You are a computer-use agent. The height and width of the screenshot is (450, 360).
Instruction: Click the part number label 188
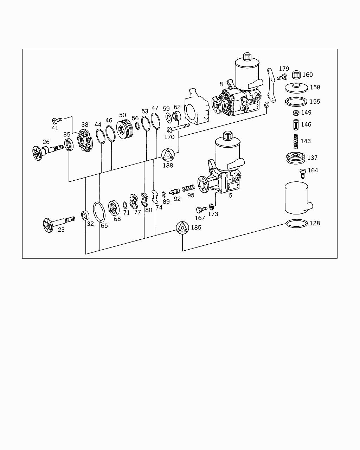pos(168,165)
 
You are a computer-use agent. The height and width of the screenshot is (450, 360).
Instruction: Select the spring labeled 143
pos(296,141)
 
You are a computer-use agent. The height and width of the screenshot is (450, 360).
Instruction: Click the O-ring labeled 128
pos(296,224)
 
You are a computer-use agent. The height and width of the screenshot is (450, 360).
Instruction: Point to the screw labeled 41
pos(57,120)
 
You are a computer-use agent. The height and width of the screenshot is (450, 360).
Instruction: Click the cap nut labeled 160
pos(296,75)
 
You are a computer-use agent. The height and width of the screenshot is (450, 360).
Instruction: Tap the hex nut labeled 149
pos(296,113)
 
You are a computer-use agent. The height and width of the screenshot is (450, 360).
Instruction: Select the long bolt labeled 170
pos(179,128)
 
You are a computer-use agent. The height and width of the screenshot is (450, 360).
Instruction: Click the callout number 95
pos(191,195)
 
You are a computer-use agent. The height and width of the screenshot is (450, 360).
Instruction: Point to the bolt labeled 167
pos(201,210)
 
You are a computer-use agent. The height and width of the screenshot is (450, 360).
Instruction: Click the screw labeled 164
pos(302,174)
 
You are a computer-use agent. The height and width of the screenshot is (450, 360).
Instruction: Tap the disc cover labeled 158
pos(296,88)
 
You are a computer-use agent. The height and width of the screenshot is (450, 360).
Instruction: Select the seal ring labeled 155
pos(296,102)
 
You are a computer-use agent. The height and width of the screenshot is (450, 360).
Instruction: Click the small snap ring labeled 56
pos(137,126)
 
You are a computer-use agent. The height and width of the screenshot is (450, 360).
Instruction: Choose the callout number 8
pos(221,84)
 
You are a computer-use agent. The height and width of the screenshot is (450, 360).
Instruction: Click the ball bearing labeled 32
pos(85,216)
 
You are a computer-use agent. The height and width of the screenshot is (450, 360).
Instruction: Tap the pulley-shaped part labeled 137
pos(296,157)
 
